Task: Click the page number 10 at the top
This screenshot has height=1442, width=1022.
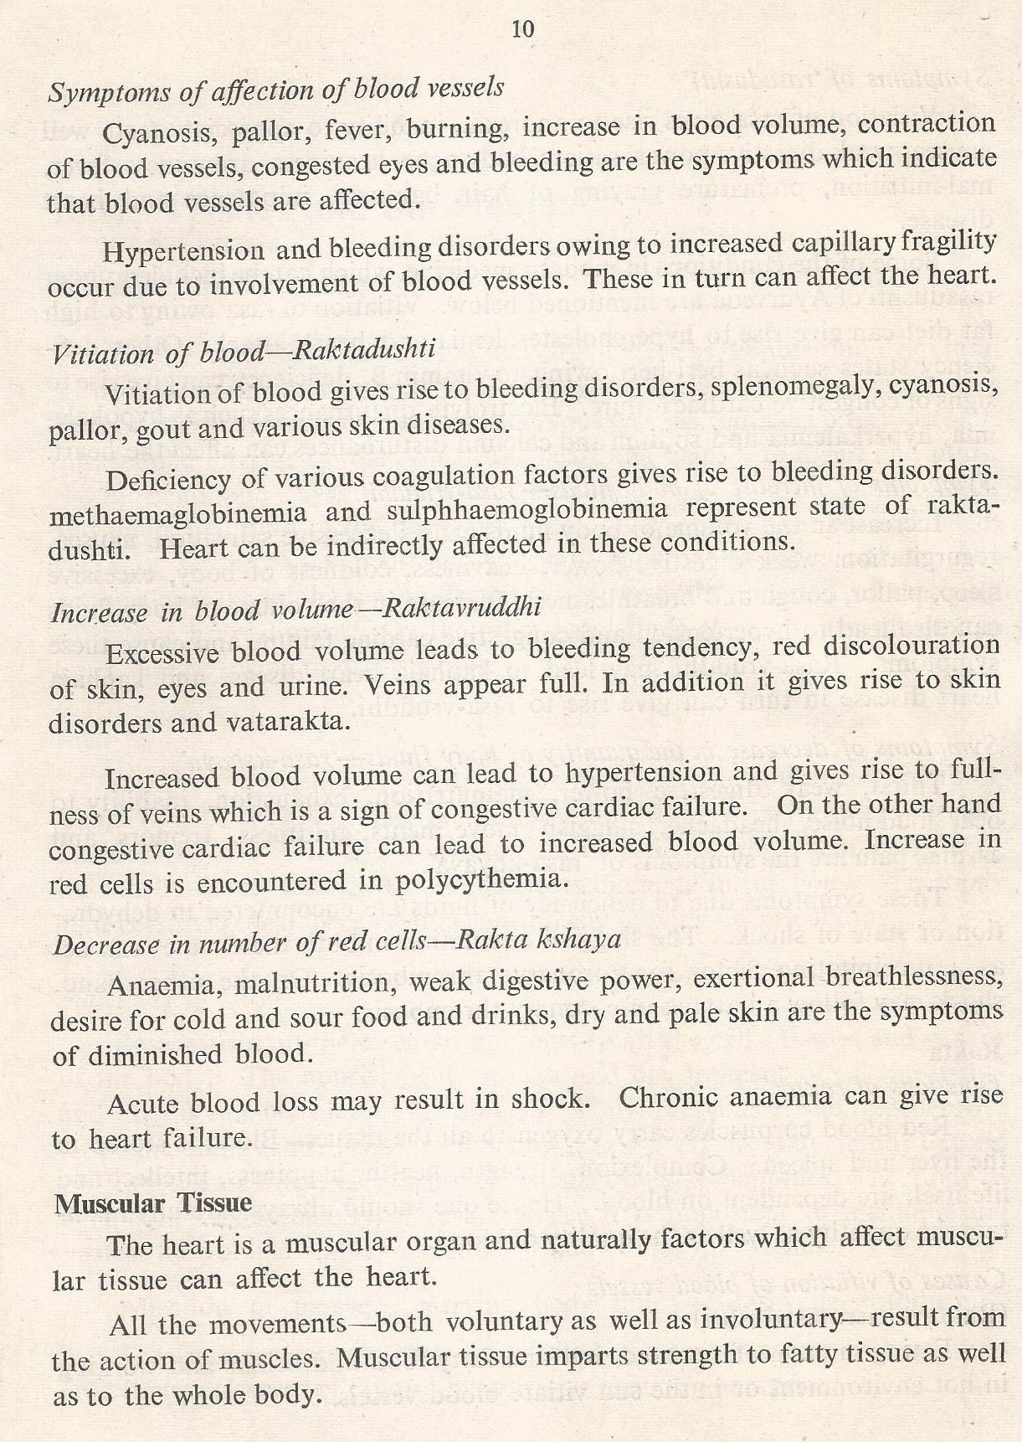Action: coord(521,30)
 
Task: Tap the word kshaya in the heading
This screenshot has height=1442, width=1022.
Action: coord(587,940)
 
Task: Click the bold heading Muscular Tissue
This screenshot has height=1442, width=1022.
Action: coord(152,1203)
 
